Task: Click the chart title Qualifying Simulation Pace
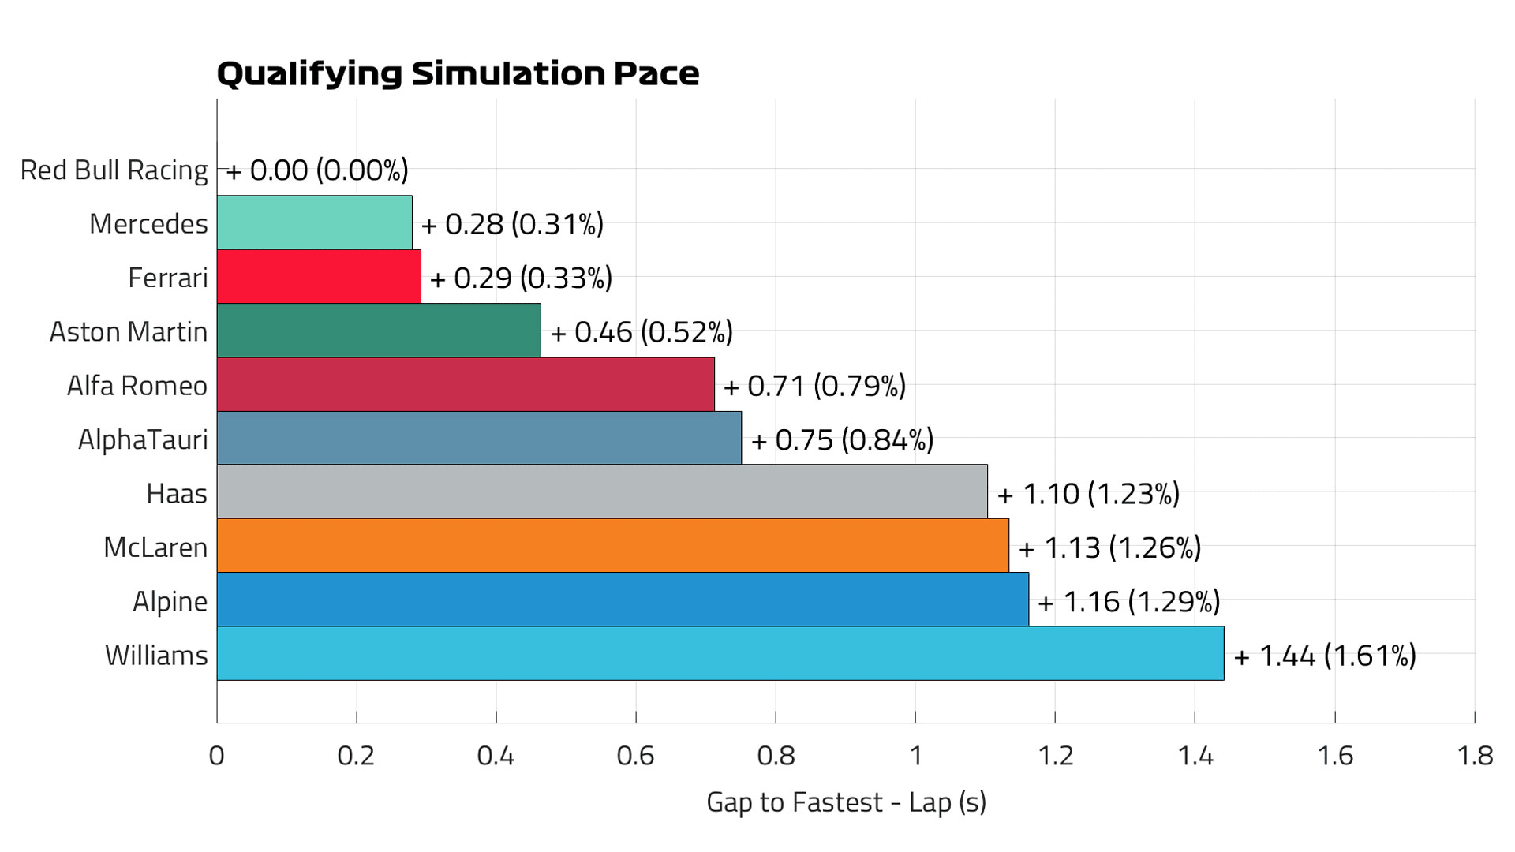tap(458, 73)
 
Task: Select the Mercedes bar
tap(314, 223)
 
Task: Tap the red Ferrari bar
tap(319, 277)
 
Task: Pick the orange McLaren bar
tap(612, 546)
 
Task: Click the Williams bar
tap(720, 654)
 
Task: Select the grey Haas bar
tap(601, 492)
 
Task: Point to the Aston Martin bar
tap(379, 331)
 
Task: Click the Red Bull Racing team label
tap(114, 170)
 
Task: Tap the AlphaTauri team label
tap(143, 439)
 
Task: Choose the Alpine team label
tap(170, 602)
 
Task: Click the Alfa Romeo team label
tap(137, 386)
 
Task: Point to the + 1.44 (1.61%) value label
tap(1325, 656)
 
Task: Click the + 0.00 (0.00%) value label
tap(317, 170)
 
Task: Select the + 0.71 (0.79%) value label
tap(814, 386)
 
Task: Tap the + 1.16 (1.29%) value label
tap(1128, 602)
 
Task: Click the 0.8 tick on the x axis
tap(776, 756)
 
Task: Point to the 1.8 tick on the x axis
tap(1474, 756)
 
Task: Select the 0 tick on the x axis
tap(217, 756)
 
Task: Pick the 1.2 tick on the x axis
tap(1055, 756)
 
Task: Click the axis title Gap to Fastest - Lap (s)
tap(846, 802)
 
